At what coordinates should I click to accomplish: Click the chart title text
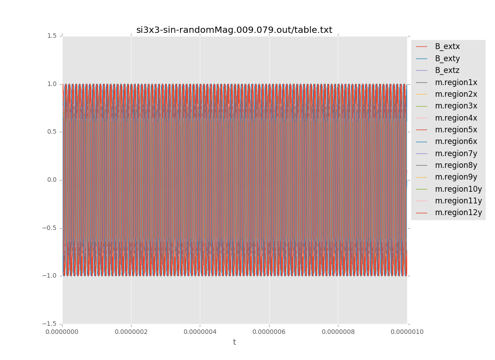pos(234,30)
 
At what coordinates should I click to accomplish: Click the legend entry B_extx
pos(447,46)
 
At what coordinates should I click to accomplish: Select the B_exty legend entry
pos(447,58)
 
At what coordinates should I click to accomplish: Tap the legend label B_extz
pos(447,70)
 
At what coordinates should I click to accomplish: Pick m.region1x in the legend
pos(456,82)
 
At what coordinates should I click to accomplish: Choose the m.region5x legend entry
pos(456,130)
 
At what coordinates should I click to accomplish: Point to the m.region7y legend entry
pos(456,153)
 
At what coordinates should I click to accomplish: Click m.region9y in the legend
pos(456,177)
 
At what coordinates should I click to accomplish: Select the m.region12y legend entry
pos(458,212)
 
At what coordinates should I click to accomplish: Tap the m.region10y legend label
pos(458,189)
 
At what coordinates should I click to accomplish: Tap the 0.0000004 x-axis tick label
pos(200,332)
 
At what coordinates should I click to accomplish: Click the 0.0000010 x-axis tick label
pos(407,332)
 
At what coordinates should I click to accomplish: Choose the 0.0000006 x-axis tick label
pos(269,332)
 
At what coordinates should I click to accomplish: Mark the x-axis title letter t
pos(234,342)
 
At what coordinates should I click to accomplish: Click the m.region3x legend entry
pos(456,106)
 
